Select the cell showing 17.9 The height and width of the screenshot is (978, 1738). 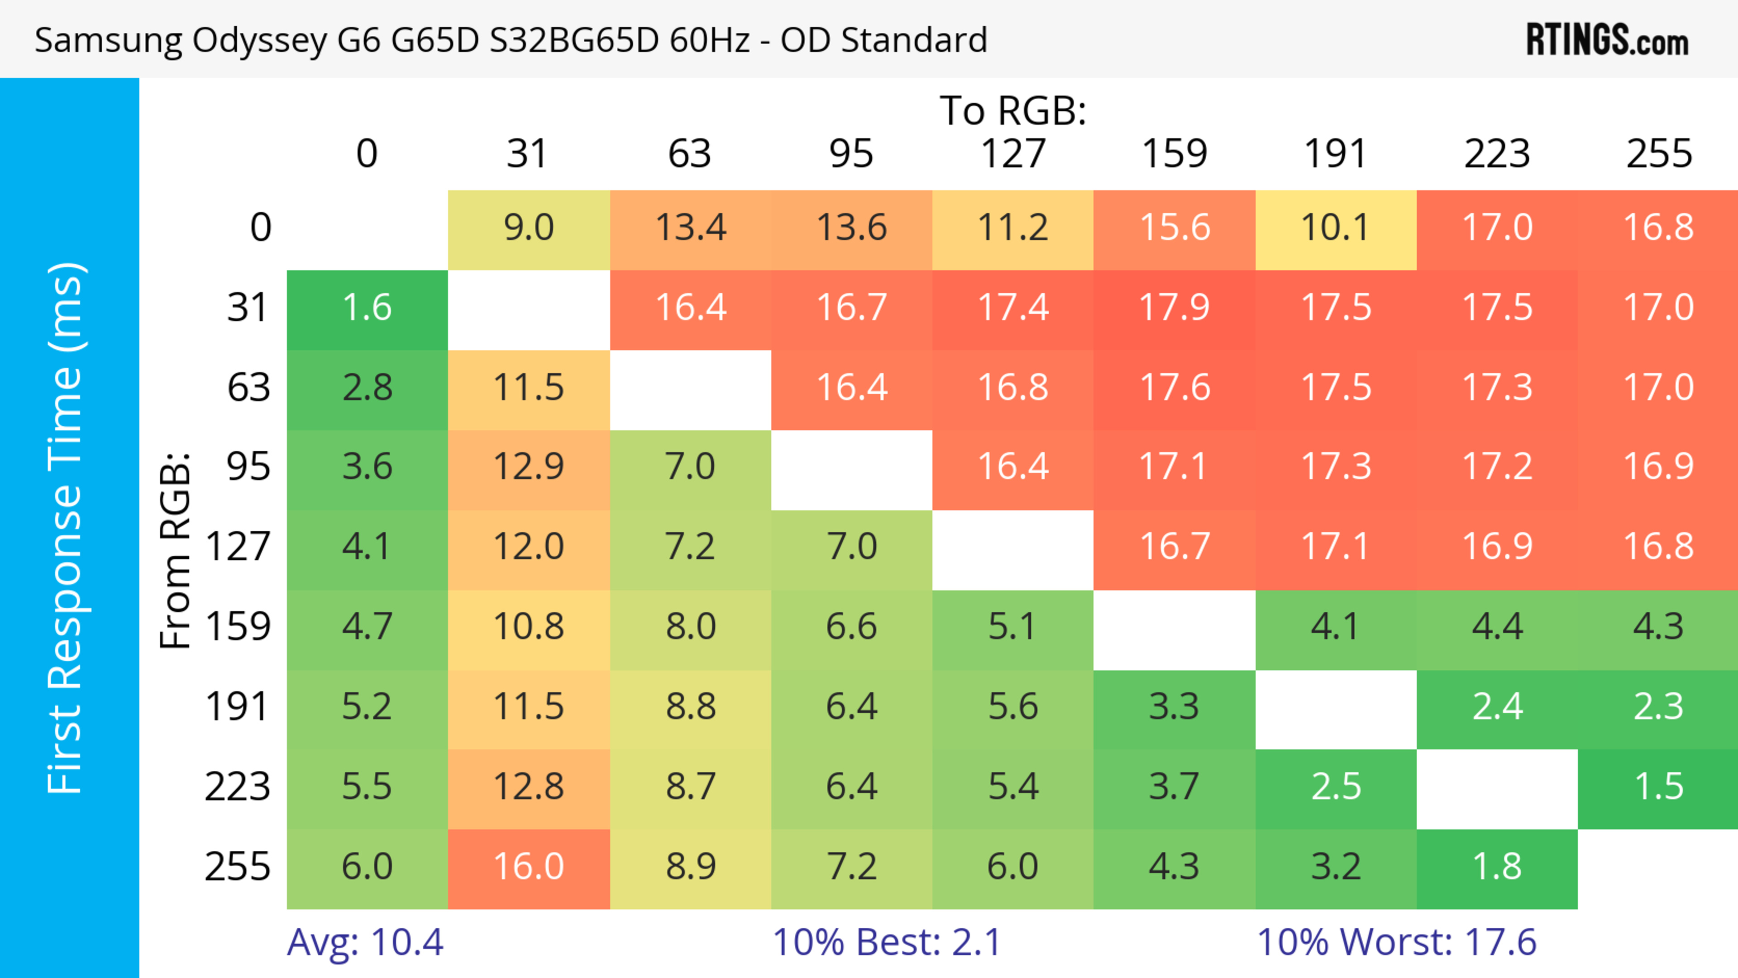coord(1174,308)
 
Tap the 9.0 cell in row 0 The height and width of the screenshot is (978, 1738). coord(529,228)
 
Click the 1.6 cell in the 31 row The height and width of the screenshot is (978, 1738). coord(367,308)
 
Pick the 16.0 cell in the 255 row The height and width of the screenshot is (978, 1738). coord(529,867)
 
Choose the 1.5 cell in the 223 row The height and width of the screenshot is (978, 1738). coord(1658,787)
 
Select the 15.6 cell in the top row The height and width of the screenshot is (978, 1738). coord(1174,228)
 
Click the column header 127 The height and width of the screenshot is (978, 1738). coord(1013,154)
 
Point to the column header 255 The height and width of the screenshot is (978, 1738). coord(1658,154)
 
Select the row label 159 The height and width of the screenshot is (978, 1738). coord(238,627)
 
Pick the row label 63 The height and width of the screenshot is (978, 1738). coord(248,388)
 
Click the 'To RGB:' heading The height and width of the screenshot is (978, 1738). coord(1013,110)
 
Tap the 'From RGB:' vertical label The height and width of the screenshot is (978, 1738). coord(176,550)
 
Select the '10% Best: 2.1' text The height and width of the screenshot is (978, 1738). coord(887,942)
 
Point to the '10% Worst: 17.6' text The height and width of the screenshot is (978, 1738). coord(1397,942)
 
